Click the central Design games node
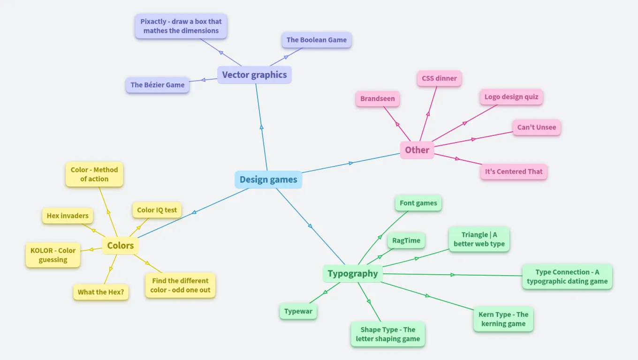(x=268, y=180)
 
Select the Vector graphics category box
(x=254, y=75)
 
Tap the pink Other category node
(x=417, y=150)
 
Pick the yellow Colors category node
(x=121, y=246)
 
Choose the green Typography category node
(x=353, y=274)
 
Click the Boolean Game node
(x=317, y=40)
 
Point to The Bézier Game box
(x=158, y=85)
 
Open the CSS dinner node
(x=439, y=78)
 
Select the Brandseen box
(x=378, y=99)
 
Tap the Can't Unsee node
(x=537, y=127)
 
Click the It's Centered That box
(x=514, y=172)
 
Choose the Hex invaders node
(x=68, y=216)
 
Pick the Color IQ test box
(x=157, y=210)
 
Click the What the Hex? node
(x=101, y=292)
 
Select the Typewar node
(x=298, y=311)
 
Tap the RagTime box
(x=406, y=240)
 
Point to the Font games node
(x=418, y=203)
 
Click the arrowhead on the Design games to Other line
(x=351, y=163)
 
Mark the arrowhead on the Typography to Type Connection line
(x=453, y=275)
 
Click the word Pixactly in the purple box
(x=154, y=22)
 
